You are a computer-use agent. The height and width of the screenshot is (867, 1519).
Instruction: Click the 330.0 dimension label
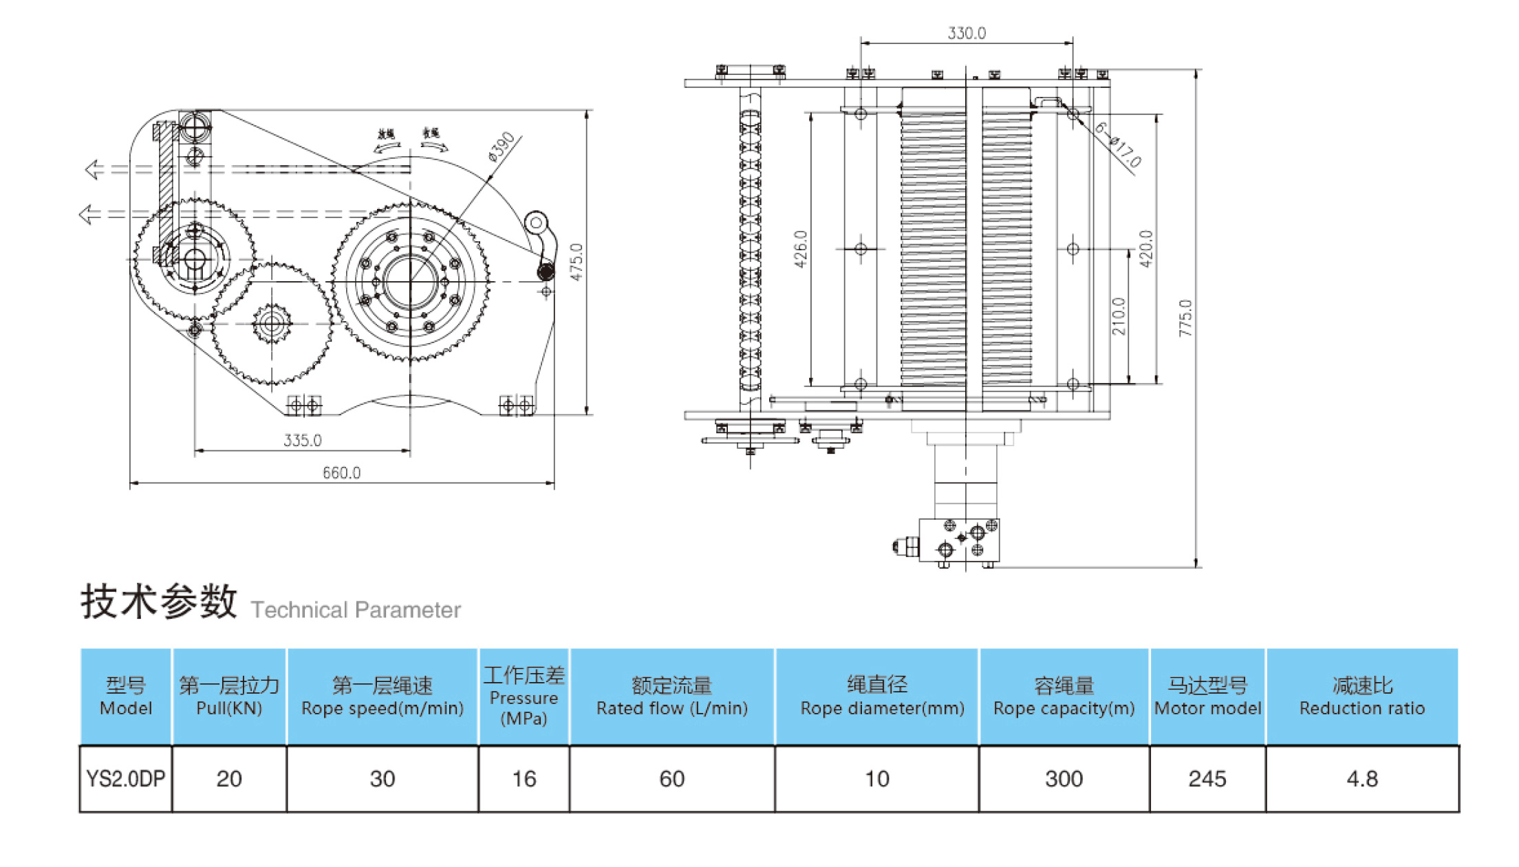[x=966, y=33]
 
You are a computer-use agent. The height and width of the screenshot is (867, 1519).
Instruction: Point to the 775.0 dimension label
[x=1185, y=318]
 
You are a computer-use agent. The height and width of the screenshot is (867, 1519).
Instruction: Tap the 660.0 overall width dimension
[x=341, y=472]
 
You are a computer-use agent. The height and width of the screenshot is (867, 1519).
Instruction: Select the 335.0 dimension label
[x=302, y=440]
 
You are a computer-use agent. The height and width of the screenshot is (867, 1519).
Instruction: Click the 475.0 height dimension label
[x=577, y=262]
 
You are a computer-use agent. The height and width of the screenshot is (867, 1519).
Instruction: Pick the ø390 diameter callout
[x=502, y=146]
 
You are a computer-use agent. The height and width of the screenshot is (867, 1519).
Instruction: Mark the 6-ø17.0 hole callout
[x=1119, y=144]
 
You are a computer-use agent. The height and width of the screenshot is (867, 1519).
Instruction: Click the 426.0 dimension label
[x=800, y=249]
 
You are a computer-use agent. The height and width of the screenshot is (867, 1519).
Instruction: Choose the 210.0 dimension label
[x=1119, y=316]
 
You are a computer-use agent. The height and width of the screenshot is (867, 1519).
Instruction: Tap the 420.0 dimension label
[x=1146, y=249]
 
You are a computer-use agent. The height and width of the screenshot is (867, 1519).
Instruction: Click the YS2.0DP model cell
[x=125, y=778]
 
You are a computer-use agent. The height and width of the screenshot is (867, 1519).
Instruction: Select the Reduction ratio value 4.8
[x=1361, y=778]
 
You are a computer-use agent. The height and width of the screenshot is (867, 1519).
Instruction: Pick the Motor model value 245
[x=1207, y=778]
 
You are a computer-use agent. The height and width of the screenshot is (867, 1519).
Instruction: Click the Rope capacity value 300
[x=1064, y=778]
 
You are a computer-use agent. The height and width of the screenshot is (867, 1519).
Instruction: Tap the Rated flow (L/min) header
[x=671, y=696]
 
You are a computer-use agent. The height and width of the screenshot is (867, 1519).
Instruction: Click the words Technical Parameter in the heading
[x=356, y=610]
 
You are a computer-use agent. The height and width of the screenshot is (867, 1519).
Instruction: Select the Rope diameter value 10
[x=876, y=778]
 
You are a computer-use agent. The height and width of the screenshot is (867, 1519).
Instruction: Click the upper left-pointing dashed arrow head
[x=92, y=168]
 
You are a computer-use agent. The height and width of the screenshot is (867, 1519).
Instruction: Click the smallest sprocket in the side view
[x=272, y=324]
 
